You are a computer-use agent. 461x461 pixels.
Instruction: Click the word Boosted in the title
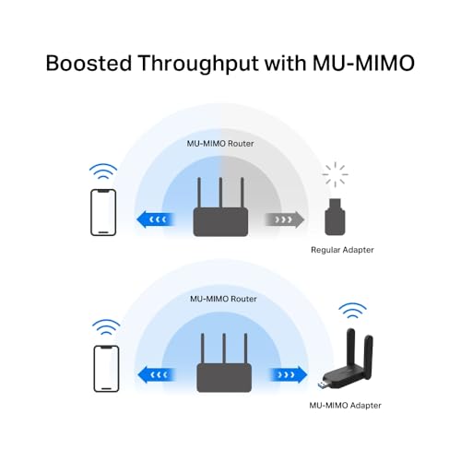pos(89,63)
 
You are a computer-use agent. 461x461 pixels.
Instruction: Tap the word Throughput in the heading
pos(198,64)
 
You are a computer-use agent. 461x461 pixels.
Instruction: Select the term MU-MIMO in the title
pos(363,63)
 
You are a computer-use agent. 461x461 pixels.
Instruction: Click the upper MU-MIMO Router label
pos(220,144)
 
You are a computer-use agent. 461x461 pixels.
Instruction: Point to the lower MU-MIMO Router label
pos(223,299)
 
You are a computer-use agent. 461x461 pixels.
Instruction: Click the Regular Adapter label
pos(342,250)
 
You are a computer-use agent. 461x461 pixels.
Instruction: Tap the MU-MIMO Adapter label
pos(345,406)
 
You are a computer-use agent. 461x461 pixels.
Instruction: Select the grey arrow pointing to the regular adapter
pos(285,219)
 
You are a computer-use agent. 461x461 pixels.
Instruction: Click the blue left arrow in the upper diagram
pos(156,219)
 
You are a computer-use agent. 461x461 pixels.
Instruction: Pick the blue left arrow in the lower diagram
pos(157,374)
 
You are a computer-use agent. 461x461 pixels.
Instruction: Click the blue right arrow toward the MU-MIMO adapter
pos(288,374)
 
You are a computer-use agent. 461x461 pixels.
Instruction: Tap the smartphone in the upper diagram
pos(103,212)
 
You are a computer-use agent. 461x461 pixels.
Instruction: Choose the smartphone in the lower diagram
pos(106,369)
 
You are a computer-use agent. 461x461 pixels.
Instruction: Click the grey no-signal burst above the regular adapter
pos(335,174)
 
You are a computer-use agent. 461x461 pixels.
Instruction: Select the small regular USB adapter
pos(335,217)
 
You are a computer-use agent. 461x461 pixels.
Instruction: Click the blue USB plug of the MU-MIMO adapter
pos(322,384)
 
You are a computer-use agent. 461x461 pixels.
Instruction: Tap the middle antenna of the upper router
pos(220,193)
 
